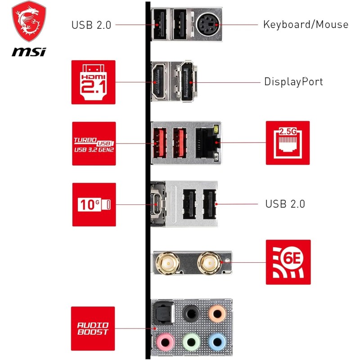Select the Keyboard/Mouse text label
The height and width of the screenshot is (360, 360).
tap(306, 24)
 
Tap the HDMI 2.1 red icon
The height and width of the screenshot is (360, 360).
tap(93, 82)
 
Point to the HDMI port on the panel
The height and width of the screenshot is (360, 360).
tap(159, 82)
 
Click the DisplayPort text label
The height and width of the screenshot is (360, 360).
tap(293, 82)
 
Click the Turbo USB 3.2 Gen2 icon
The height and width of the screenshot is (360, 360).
tap(94, 144)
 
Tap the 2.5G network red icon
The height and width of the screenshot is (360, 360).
tap(288, 143)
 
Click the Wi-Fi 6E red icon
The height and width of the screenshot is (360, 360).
tap(288, 262)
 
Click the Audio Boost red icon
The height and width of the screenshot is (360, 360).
tap(93, 328)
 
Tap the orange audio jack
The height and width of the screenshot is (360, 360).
tap(216, 312)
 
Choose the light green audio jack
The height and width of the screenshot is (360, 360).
tap(190, 341)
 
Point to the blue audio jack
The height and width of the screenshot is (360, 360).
tap(216, 341)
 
